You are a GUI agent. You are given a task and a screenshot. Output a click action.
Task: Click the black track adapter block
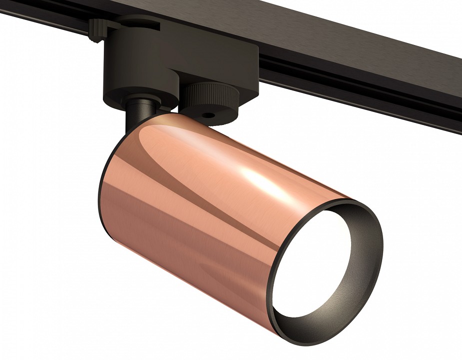(150, 60)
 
